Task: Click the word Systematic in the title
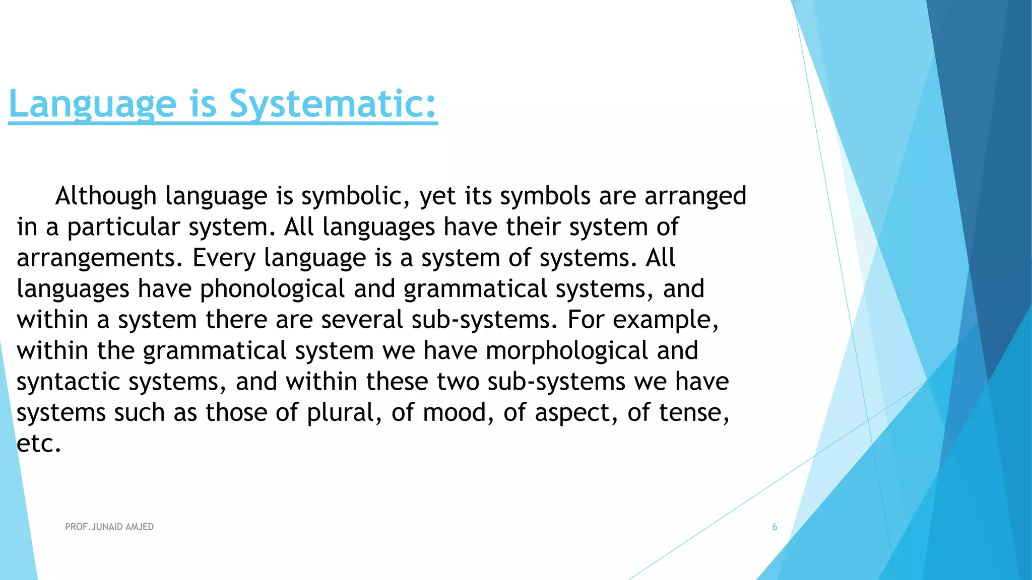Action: click(333, 104)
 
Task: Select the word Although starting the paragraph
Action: click(106, 196)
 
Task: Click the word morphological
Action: click(567, 351)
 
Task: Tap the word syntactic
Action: click(68, 382)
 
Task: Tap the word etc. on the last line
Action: click(39, 444)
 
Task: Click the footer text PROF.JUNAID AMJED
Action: click(109, 527)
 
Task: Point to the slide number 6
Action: click(775, 527)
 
